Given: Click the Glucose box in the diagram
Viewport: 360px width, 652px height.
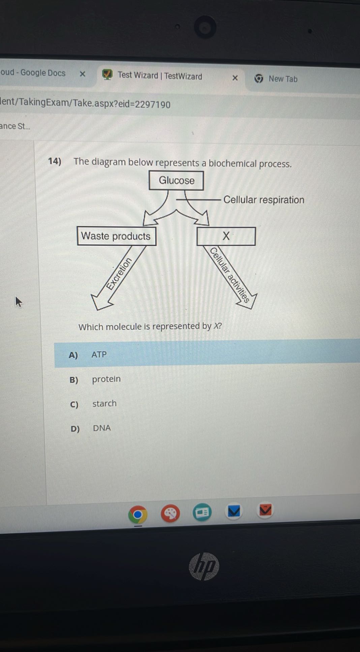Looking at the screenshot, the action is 176,181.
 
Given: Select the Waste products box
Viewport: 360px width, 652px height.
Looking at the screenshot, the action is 116,236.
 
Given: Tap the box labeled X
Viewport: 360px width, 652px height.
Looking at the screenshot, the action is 226,236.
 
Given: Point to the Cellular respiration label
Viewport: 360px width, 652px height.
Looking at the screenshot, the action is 264,200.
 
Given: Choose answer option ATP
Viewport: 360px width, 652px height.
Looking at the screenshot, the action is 99,354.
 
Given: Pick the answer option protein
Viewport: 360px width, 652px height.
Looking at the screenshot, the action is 106,379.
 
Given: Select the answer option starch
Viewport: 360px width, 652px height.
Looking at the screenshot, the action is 104,403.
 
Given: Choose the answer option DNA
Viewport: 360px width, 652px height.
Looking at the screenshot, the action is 102,428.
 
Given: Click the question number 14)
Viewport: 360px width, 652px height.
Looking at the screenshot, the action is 55,161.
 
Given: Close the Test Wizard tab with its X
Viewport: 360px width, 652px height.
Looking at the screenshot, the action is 235,78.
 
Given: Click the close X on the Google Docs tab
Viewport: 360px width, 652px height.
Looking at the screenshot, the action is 82,74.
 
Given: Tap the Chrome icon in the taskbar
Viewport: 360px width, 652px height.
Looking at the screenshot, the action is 138,515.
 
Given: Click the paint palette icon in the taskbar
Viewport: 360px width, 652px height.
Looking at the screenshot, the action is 170,514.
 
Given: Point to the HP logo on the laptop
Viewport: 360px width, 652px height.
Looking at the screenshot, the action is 204,566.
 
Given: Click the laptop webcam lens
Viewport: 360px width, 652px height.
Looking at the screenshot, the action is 205,27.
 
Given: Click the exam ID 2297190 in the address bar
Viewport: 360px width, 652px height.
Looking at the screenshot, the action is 153,104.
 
